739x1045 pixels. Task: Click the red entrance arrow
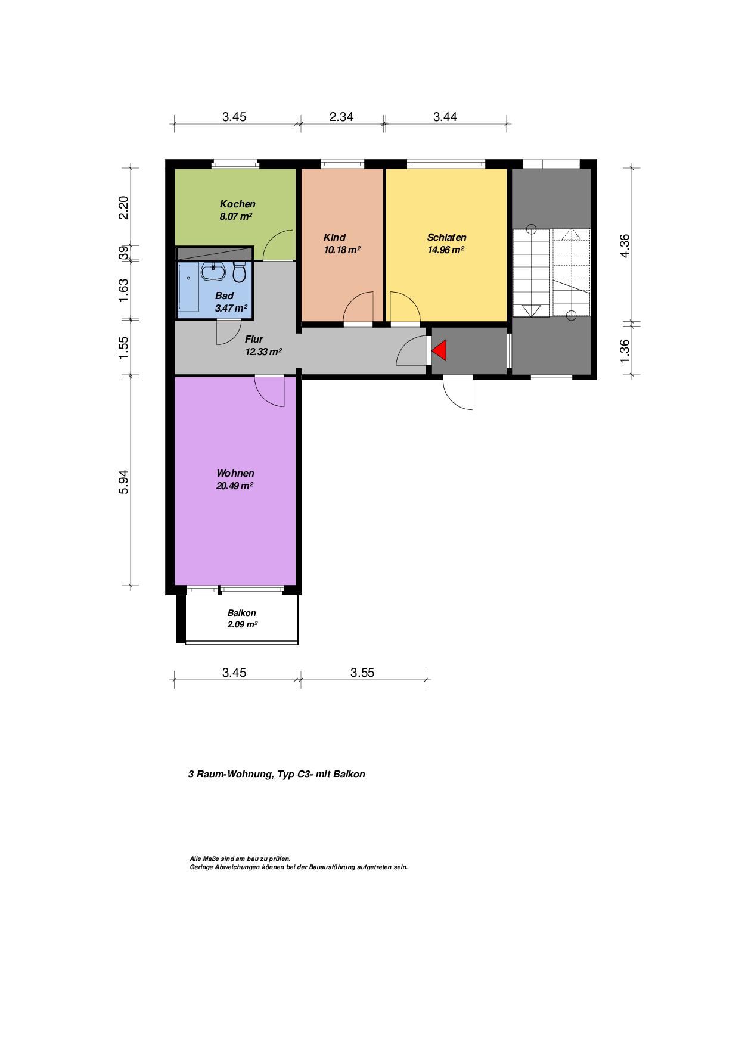click(440, 351)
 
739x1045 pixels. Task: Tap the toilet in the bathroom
click(240, 272)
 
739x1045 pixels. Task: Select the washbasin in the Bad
click(213, 272)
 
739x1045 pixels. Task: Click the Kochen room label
click(237, 204)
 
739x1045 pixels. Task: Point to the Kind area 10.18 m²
click(341, 250)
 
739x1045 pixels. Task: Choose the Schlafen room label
click(446, 237)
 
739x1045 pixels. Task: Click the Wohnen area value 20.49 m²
click(235, 486)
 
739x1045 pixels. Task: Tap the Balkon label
click(242, 613)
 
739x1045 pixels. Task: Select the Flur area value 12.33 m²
click(263, 352)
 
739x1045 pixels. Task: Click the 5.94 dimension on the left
click(123, 482)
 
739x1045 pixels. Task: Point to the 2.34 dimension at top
click(341, 117)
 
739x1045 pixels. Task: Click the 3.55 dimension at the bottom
click(362, 673)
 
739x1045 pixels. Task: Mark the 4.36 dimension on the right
click(625, 245)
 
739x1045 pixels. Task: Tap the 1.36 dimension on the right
click(625, 350)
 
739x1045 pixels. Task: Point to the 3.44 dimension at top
click(445, 117)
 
